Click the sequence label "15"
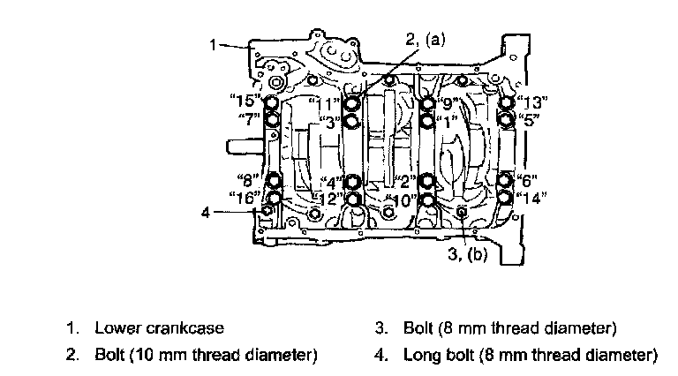[x=245, y=101]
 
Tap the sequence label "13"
[x=531, y=102]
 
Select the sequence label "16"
[x=245, y=198]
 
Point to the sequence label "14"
[x=531, y=198]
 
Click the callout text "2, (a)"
[x=426, y=40]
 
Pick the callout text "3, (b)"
[x=468, y=254]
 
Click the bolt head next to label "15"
[x=272, y=103]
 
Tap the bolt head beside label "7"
[x=272, y=119]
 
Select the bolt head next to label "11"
[x=351, y=103]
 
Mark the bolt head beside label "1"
[x=427, y=121]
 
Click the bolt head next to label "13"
[x=506, y=103]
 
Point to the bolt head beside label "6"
[x=506, y=181]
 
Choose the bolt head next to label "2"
[x=426, y=182]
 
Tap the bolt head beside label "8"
[x=274, y=180]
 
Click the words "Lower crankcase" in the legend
[x=160, y=328]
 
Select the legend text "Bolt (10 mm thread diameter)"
[x=207, y=355]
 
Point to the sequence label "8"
[x=248, y=179]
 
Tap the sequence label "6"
[x=528, y=181]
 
